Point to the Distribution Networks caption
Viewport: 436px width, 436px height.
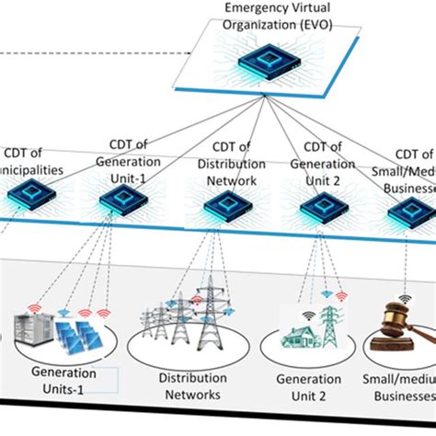coord(188,386)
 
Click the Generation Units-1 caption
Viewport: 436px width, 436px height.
coord(64,380)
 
